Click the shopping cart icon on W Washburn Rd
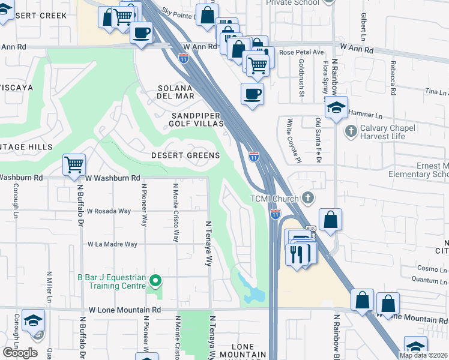[74, 163]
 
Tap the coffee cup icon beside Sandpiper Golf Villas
[252, 94]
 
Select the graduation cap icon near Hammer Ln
[337, 107]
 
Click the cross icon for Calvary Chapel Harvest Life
[351, 130]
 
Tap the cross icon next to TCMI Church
[307, 197]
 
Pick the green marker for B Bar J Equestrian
[155, 280]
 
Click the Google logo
[20, 352]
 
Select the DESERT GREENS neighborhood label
[185, 155]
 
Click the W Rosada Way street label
[109, 211]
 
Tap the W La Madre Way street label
[112, 244]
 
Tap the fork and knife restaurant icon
[298, 252]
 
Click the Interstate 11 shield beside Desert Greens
[254, 156]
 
